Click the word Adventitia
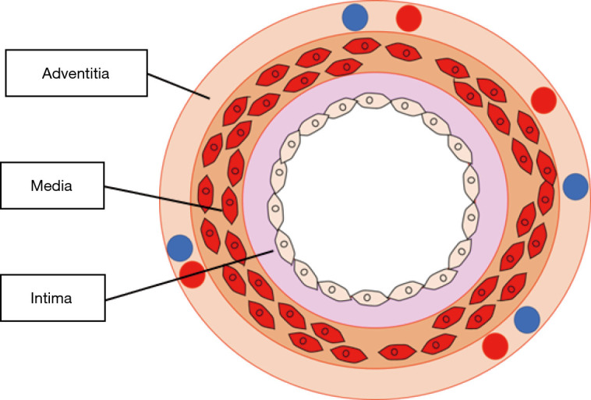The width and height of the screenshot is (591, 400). (76, 73)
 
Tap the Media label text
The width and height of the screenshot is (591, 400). (51, 186)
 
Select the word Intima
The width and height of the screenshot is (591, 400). (51, 298)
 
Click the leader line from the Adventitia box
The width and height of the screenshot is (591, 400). (179, 87)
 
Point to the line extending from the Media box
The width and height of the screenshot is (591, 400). (163, 198)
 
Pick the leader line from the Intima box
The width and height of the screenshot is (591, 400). (189, 274)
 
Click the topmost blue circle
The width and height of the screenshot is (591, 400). (355, 17)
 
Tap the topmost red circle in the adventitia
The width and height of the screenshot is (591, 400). (409, 18)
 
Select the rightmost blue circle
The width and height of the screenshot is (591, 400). (575, 186)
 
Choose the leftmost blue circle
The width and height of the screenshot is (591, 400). (180, 248)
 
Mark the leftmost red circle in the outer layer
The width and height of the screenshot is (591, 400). (193, 274)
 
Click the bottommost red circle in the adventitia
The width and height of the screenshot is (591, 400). (495, 346)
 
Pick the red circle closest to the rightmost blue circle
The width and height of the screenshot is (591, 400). (543, 101)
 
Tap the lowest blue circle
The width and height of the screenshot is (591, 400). (527, 320)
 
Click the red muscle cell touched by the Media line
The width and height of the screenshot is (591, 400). (229, 206)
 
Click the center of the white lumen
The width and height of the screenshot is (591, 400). (374, 199)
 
